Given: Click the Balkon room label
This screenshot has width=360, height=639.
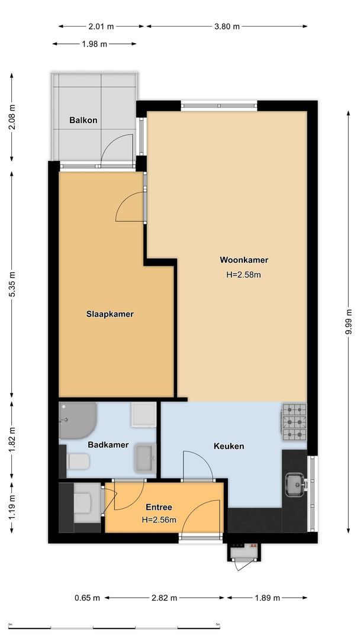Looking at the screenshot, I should pos(83,120).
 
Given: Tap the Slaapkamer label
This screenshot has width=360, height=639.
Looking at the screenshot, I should pos(110,314).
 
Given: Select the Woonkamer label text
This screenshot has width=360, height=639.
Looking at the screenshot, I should pos(244,260).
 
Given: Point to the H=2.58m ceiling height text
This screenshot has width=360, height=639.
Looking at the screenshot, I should pos(244,275).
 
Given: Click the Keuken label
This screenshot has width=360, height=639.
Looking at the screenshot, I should pos(229,446).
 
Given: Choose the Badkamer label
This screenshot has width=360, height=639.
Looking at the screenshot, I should pos(108,444).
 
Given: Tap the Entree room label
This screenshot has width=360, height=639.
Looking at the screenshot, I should pos(159,507).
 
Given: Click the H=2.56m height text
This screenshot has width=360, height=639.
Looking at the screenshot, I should pos(159,519).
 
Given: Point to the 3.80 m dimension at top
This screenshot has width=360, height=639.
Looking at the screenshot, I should pos(227,26).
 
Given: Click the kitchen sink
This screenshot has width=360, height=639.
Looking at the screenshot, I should pos(295,484).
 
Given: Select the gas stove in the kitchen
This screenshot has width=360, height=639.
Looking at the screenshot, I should pos(294,422).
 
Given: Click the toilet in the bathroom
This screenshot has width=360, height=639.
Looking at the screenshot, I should pos(78,461).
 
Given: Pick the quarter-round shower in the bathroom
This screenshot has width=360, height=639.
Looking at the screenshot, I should pos(76,419).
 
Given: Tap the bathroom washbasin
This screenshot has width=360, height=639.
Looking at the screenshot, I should pos(145,458).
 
